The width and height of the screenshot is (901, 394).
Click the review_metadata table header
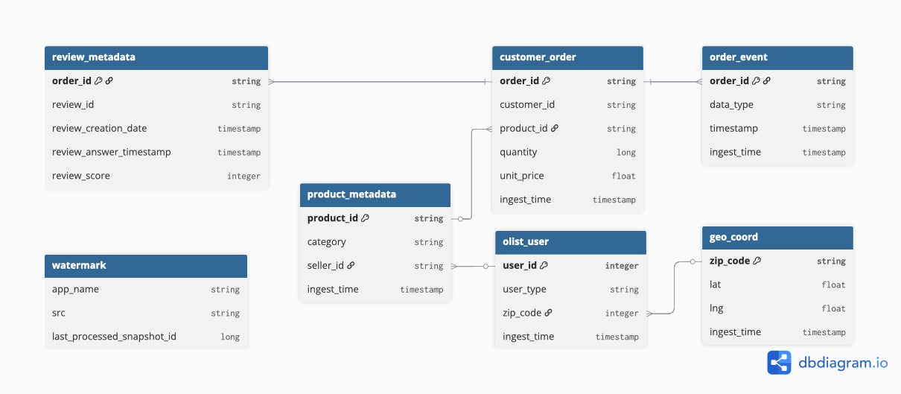[x=156, y=57]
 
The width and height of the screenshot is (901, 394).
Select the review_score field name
[x=81, y=176]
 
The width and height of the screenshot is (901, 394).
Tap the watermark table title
[x=79, y=265]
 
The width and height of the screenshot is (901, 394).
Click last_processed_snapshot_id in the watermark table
[x=114, y=337]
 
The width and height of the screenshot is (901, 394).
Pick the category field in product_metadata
[x=327, y=242]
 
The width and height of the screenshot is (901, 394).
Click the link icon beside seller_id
[x=351, y=265]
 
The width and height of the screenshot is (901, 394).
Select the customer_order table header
[x=567, y=57]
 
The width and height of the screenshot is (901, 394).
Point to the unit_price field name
[x=522, y=176]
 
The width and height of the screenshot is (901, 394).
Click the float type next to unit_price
[x=623, y=176]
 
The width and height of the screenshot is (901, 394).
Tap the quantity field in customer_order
[x=518, y=152]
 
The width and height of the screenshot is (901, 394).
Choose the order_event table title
[x=739, y=57]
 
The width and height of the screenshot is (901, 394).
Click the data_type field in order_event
[x=731, y=104]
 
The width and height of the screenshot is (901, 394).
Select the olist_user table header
[x=571, y=242]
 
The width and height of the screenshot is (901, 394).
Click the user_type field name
[x=524, y=290]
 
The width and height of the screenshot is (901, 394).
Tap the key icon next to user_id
[x=544, y=265]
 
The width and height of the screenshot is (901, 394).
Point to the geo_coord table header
[x=777, y=238]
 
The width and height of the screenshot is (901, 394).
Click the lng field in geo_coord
[x=716, y=308]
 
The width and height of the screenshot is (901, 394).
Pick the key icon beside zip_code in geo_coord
[x=757, y=261]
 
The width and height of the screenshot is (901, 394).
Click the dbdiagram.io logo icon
[x=779, y=363]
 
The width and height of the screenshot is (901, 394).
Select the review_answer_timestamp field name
[x=112, y=152]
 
